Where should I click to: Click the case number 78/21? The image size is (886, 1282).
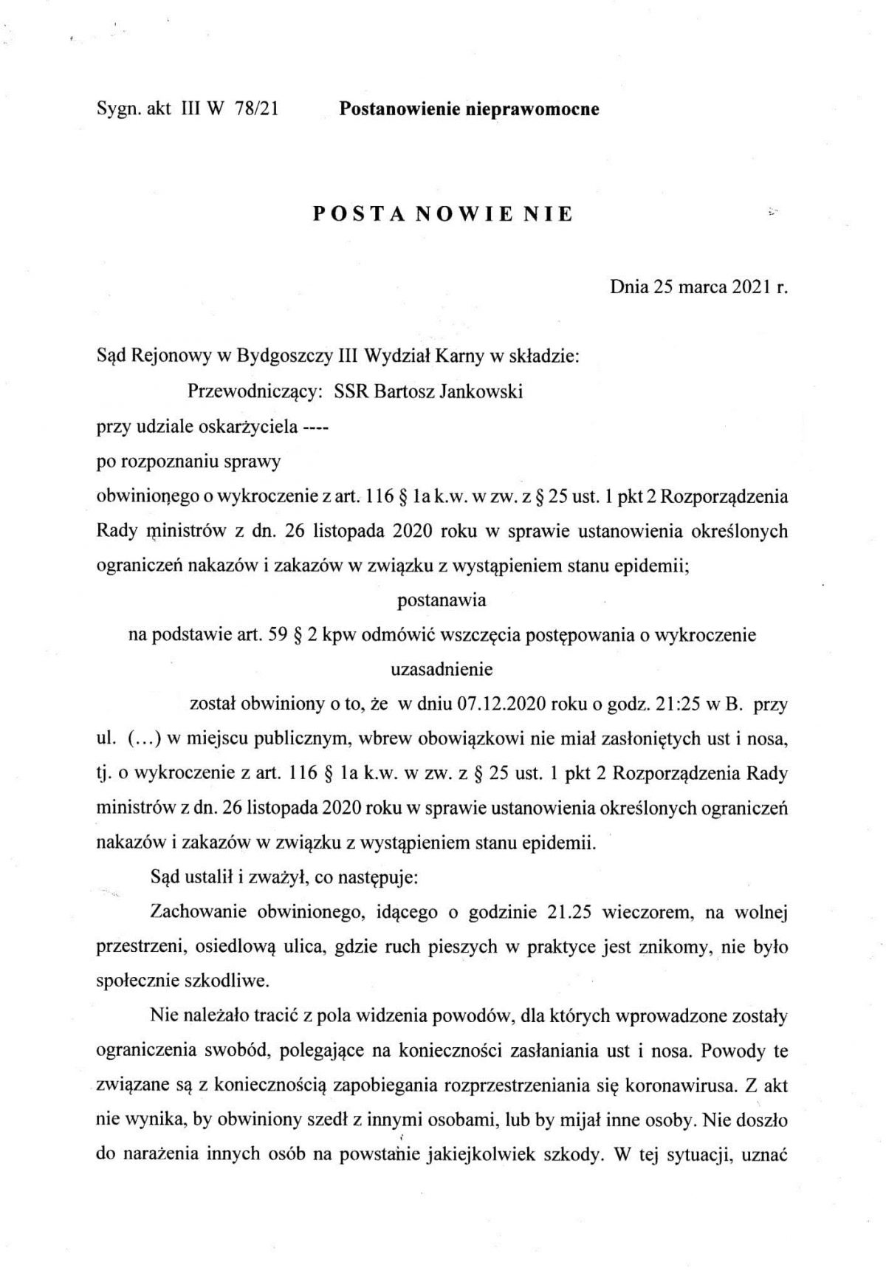[x=255, y=109]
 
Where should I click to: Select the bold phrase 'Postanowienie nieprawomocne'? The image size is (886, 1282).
[x=469, y=109]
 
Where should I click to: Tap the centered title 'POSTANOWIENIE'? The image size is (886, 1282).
[x=443, y=214]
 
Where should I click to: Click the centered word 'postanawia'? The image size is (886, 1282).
[x=442, y=600]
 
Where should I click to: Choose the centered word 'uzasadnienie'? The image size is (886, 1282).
[x=442, y=669]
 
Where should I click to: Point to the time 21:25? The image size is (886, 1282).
[x=679, y=704]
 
